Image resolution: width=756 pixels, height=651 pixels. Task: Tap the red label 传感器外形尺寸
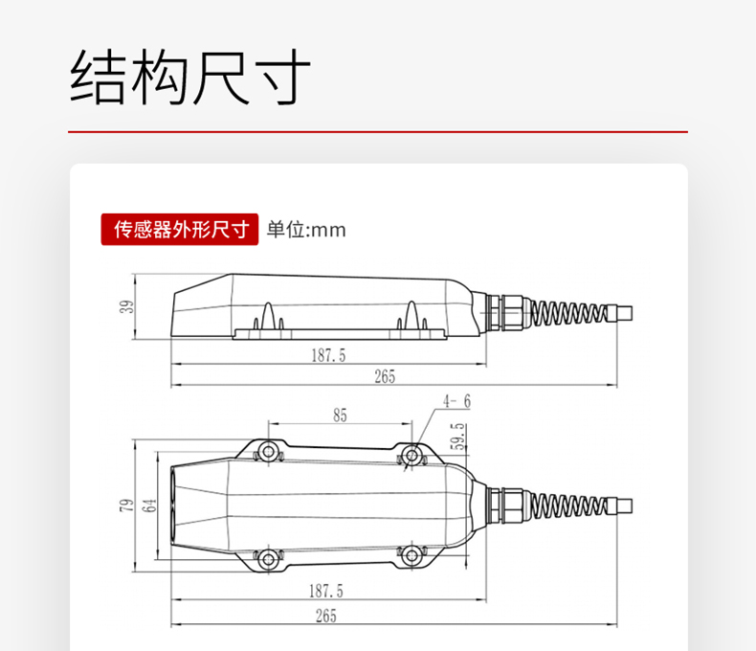[x=180, y=230]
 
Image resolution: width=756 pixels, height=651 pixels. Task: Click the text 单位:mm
[x=305, y=230]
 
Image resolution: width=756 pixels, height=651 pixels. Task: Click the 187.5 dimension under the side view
[x=328, y=355]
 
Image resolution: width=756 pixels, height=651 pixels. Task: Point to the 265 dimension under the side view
[x=386, y=376]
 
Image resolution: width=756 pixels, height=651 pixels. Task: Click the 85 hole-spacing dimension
[x=341, y=415]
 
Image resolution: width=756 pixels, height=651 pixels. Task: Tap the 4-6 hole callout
[x=456, y=400]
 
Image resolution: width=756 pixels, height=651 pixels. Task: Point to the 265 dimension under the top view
[x=328, y=616]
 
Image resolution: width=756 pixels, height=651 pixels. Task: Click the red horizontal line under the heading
[x=378, y=131]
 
